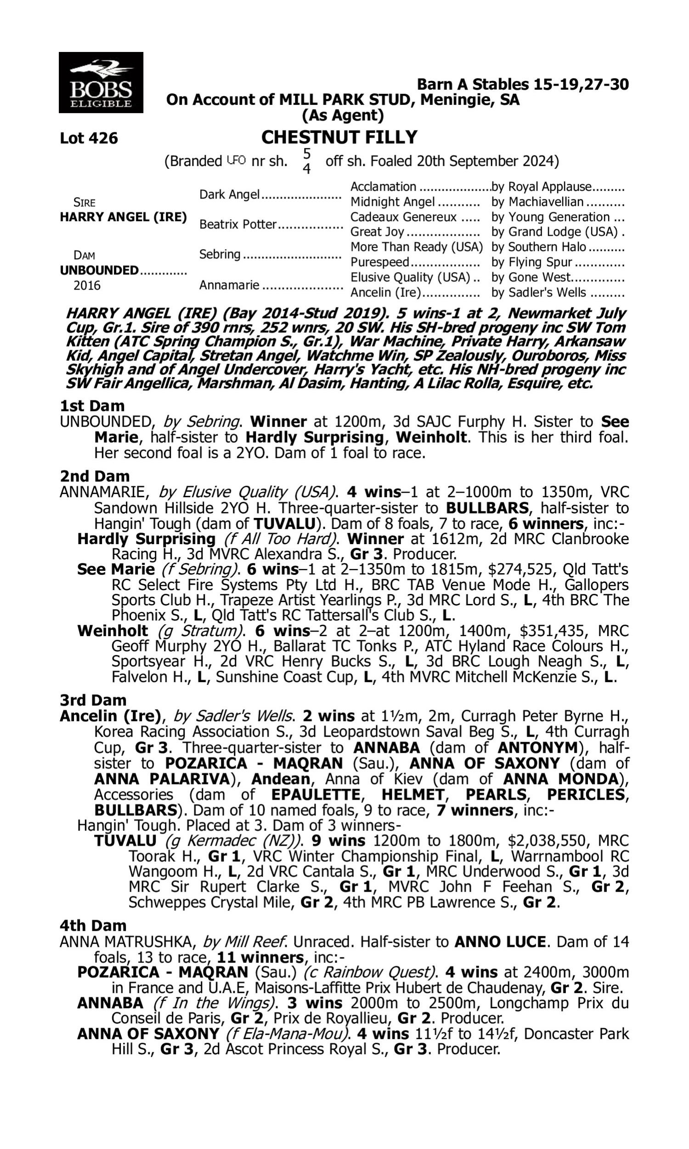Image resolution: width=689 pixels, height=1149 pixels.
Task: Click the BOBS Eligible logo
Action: [x=101, y=83]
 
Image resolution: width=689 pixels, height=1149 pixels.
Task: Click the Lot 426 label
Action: [x=89, y=138]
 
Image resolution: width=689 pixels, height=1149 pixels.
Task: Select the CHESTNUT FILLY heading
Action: [x=339, y=137]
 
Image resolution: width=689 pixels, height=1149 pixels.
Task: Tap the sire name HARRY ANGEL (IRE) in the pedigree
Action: [x=123, y=217]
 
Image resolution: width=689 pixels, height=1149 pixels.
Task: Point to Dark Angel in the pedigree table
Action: [x=229, y=194]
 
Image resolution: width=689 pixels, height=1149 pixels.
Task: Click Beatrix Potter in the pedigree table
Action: [x=238, y=224]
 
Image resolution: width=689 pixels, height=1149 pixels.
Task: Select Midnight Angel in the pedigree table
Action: [x=392, y=202]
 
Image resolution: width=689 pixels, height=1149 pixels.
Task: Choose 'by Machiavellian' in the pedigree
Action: [x=537, y=202]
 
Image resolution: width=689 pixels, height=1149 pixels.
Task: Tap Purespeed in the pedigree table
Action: [x=379, y=262]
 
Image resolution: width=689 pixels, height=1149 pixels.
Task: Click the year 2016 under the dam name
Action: [x=87, y=285]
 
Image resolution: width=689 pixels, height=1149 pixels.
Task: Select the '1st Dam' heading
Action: [x=92, y=406]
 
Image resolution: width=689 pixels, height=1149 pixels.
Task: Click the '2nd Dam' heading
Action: [x=94, y=476]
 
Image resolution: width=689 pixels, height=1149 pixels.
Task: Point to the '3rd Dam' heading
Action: [x=93, y=700]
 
